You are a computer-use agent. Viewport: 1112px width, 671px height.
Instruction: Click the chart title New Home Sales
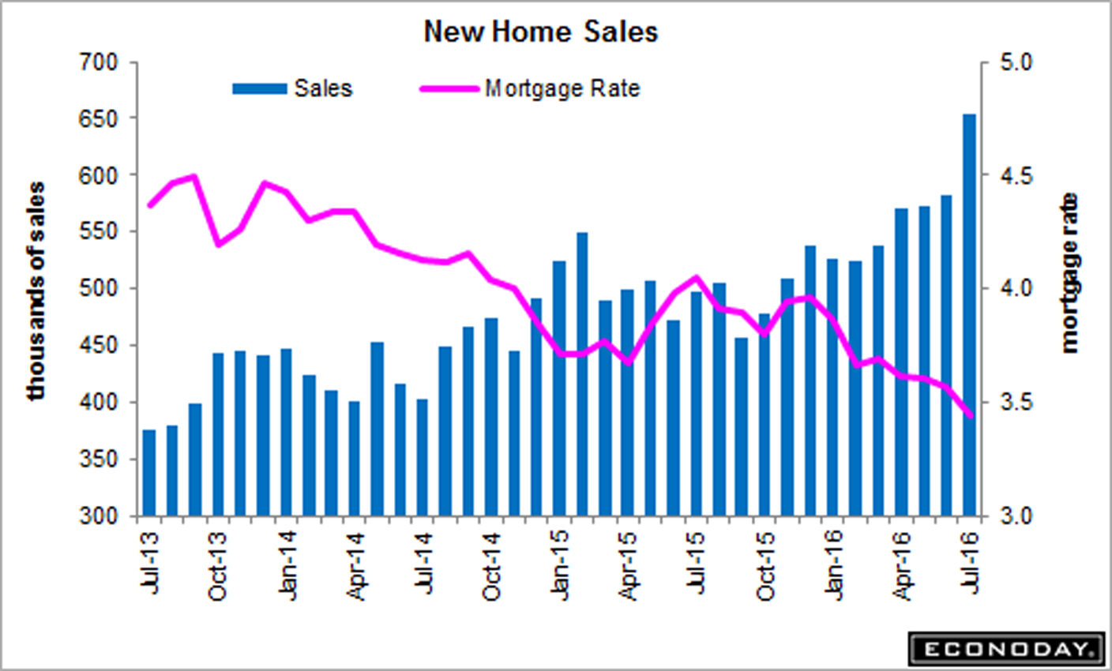click(x=540, y=32)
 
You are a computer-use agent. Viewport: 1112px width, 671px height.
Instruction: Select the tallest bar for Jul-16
click(x=969, y=316)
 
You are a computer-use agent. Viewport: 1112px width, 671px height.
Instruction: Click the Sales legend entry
click(x=292, y=88)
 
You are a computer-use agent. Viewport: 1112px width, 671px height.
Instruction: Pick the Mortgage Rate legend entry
click(x=529, y=88)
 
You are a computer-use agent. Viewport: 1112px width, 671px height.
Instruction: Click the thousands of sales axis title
click(x=36, y=291)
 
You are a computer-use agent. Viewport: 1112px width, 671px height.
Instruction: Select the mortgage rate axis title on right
click(x=1071, y=272)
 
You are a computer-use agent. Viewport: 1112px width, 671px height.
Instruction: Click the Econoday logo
click(x=1006, y=649)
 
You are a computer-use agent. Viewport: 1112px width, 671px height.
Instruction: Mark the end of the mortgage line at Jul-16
click(x=970, y=415)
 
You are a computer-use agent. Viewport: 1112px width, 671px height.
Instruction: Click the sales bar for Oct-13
click(x=218, y=434)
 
